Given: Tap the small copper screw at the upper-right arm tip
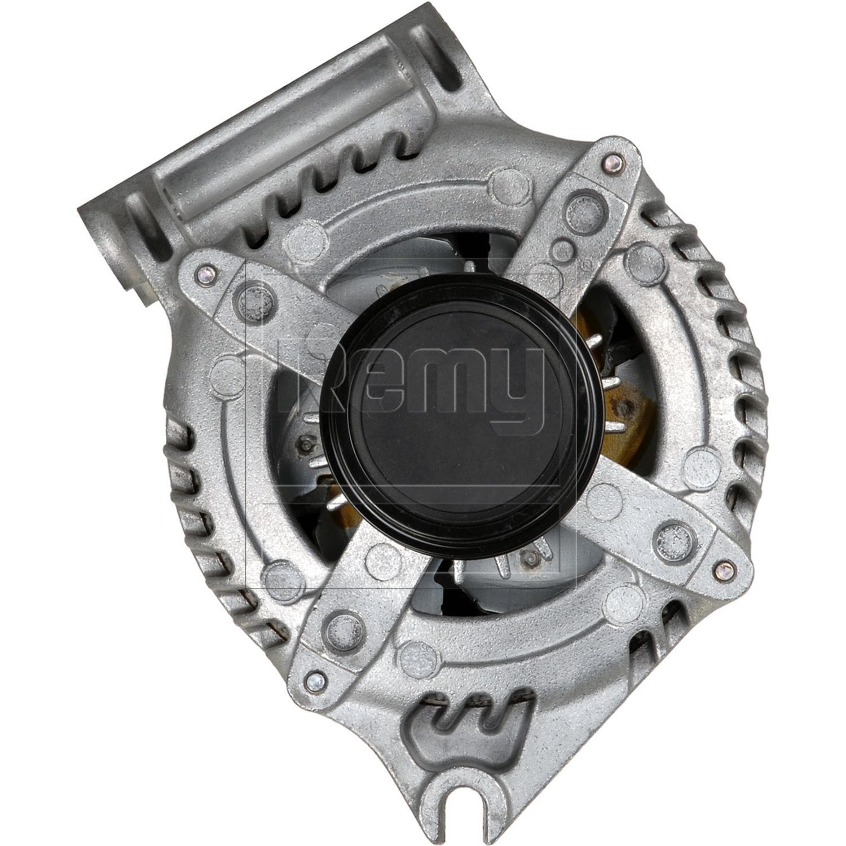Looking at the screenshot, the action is tap(611, 164).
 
